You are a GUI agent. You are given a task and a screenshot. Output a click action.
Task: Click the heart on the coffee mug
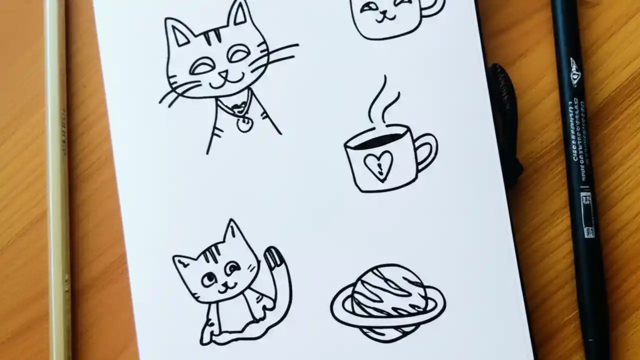coord(378,164)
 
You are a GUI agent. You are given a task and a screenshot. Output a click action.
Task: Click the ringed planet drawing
coord(387,302)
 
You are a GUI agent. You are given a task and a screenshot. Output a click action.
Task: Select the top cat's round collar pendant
coord(244,124)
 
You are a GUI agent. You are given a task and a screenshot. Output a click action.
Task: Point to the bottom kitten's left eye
coord(208,277)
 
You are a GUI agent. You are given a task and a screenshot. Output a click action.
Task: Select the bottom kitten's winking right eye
coord(231,269)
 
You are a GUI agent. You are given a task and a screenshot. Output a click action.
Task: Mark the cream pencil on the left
coord(57,180)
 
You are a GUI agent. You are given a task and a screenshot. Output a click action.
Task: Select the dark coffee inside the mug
coord(379,140)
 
